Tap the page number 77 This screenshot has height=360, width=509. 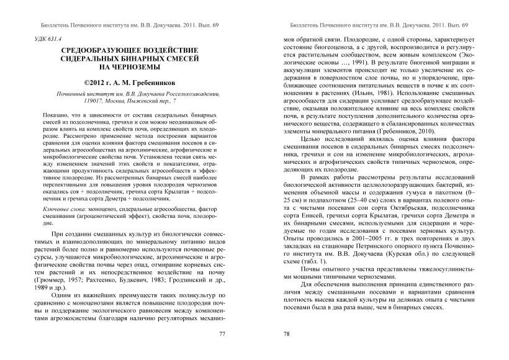point(222,334)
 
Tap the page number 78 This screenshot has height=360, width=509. point(287,334)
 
